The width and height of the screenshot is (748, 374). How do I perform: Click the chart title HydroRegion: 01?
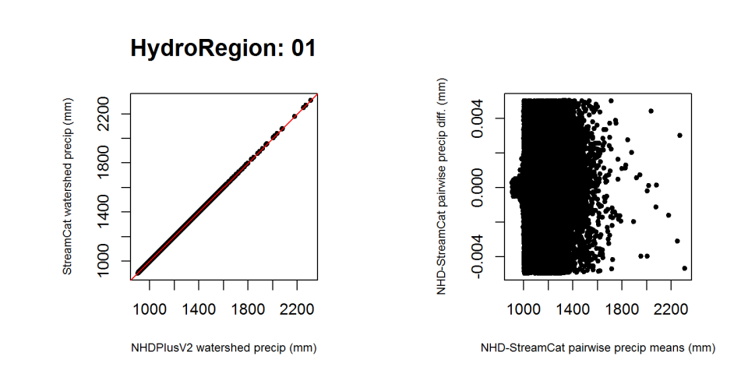(223, 48)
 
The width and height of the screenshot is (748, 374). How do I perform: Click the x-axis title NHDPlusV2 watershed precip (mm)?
(224, 348)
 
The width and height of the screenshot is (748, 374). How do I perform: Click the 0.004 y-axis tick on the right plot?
(477, 118)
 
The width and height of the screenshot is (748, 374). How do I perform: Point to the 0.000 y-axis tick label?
(477, 188)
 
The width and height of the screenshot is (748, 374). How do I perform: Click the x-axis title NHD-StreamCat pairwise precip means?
(598, 348)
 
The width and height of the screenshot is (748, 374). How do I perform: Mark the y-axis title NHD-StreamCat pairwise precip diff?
(442, 186)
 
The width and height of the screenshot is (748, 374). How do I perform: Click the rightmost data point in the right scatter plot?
(685, 268)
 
